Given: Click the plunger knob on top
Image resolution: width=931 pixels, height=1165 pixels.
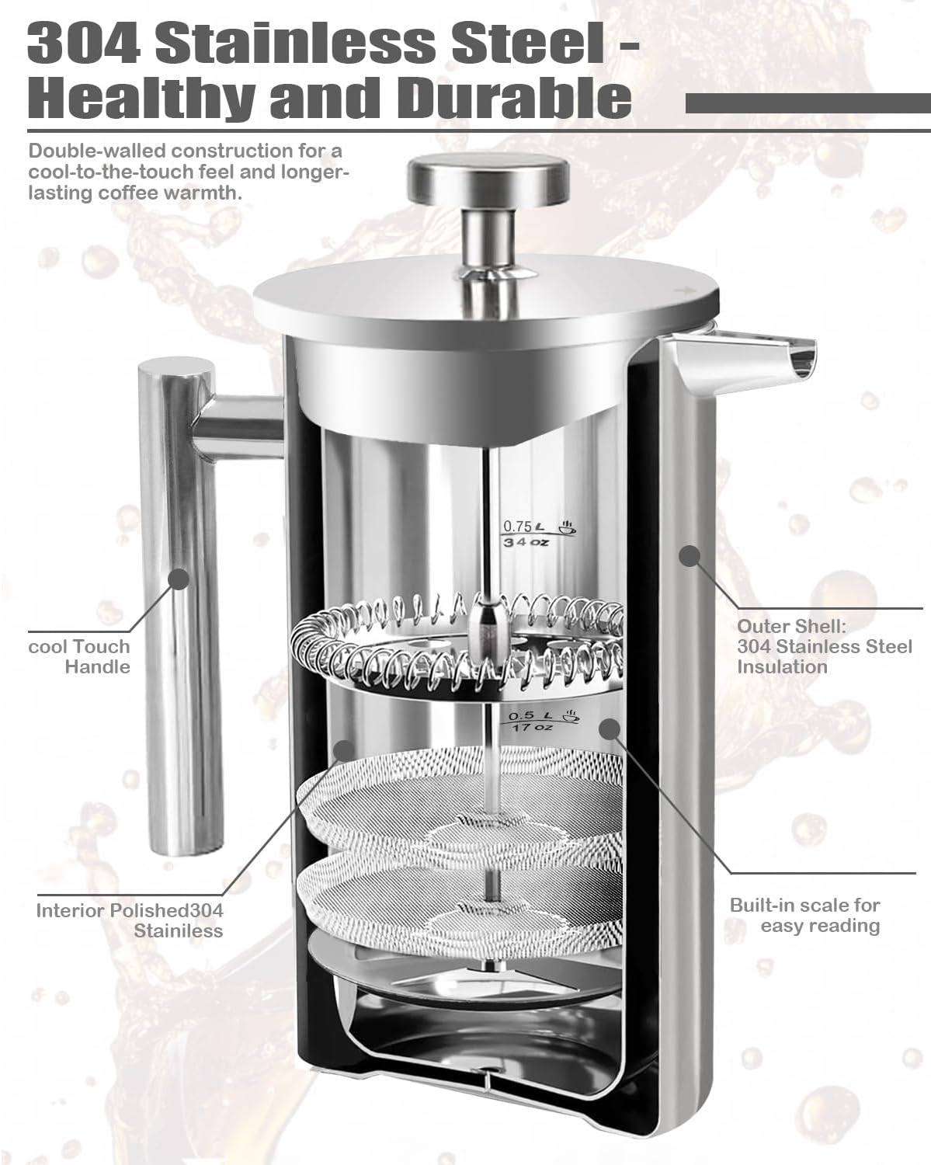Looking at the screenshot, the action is pyautogui.click(x=488, y=179).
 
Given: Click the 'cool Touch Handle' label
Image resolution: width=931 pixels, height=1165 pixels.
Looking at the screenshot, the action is pyautogui.click(x=79, y=656).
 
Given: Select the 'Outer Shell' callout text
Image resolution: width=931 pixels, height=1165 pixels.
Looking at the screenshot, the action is pyautogui.click(x=825, y=646).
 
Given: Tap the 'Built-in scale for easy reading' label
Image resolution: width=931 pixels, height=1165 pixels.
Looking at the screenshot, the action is pyautogui.click(x=804, y=915).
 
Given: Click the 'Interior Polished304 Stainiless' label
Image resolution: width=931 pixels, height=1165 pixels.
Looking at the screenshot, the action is pyautogui.click(x=130, y=920).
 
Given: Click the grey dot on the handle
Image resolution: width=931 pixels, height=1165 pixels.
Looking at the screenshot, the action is pyautogui.click(x=179, y=579).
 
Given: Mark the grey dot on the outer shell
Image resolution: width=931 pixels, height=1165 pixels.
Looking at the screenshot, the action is pyautogui.click(x=689, y=557).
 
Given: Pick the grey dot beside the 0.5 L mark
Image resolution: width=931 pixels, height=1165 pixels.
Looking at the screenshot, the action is pyautogui.click(x=610, y=729).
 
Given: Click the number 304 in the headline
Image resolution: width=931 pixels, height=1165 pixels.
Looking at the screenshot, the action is pyautogui.click(x=84, y=42).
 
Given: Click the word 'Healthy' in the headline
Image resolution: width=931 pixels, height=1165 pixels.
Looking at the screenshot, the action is pyautogui.click(x=141, y=99).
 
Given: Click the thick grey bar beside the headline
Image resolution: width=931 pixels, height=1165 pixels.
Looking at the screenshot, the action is pyautogui.click(x=808, y=103).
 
